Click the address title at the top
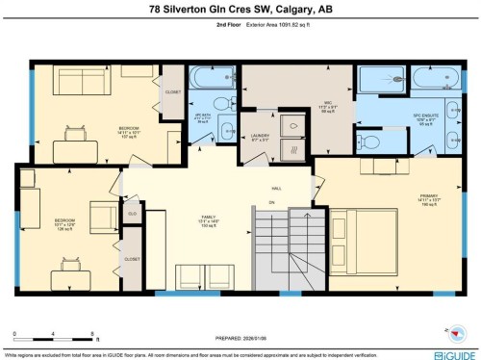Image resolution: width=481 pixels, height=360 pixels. coord(240,11)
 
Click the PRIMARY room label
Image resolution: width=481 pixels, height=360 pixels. coord(428,196)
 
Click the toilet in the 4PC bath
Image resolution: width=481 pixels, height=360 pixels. coord(219,103)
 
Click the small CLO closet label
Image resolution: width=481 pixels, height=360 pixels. coord(132,214)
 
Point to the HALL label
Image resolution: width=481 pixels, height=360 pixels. coord(276,190)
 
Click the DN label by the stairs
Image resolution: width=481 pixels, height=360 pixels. coord(272,204)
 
